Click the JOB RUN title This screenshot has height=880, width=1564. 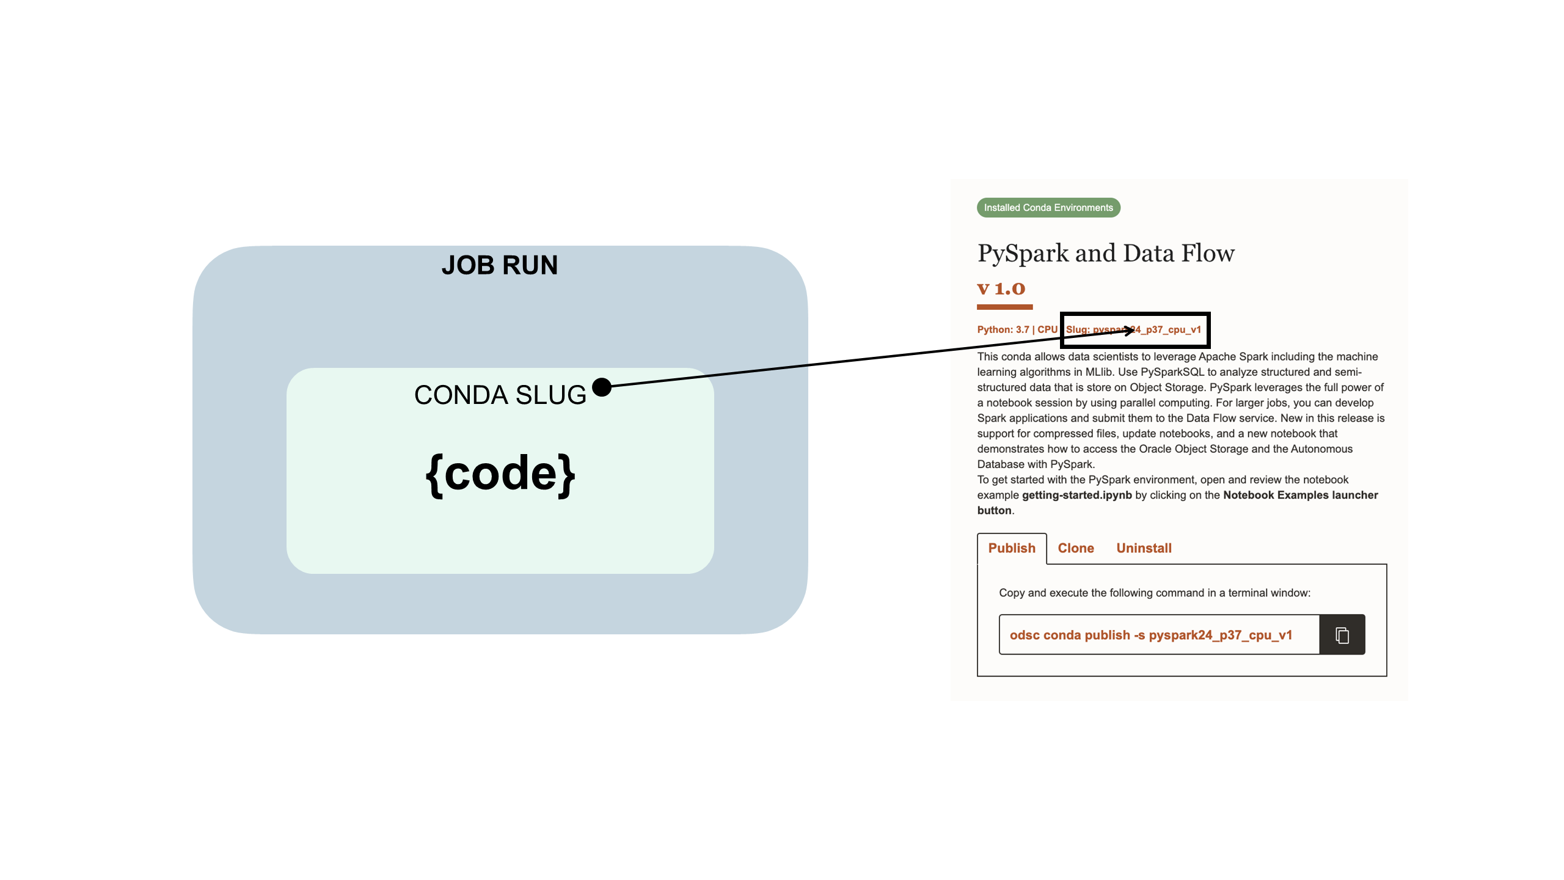click(x=499, y=265)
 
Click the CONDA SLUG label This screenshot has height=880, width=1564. click(x=500, y=395)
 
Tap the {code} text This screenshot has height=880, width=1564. click(x=500, y=474)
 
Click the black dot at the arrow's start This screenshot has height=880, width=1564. click(x=602, y=387)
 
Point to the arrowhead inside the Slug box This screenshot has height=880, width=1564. click(x=1129, y=331)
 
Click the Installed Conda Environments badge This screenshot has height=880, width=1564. click(x=1048, y=208)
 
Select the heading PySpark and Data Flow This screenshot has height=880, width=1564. click(x=1105, y=253)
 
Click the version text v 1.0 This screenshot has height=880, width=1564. click(x=1001, y=288)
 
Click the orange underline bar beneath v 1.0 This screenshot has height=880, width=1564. click(x=1004, y=307)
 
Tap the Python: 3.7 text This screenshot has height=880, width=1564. click(x=1003, y=329)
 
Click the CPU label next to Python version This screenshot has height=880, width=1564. click(x=1047, y=329)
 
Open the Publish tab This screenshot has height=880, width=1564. click(x=1011, y=548)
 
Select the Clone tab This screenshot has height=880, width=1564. click(x=1075, y=548)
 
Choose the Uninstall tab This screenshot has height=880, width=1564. click(x=1144, y=548)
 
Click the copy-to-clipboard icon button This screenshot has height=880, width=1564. click(x=1342, y=635)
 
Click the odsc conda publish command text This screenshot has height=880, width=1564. click(x=1150, y=635)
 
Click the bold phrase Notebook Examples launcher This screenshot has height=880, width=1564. click(x=1300, y=495)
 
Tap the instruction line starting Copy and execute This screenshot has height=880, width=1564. click(x=1154, y=593)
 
